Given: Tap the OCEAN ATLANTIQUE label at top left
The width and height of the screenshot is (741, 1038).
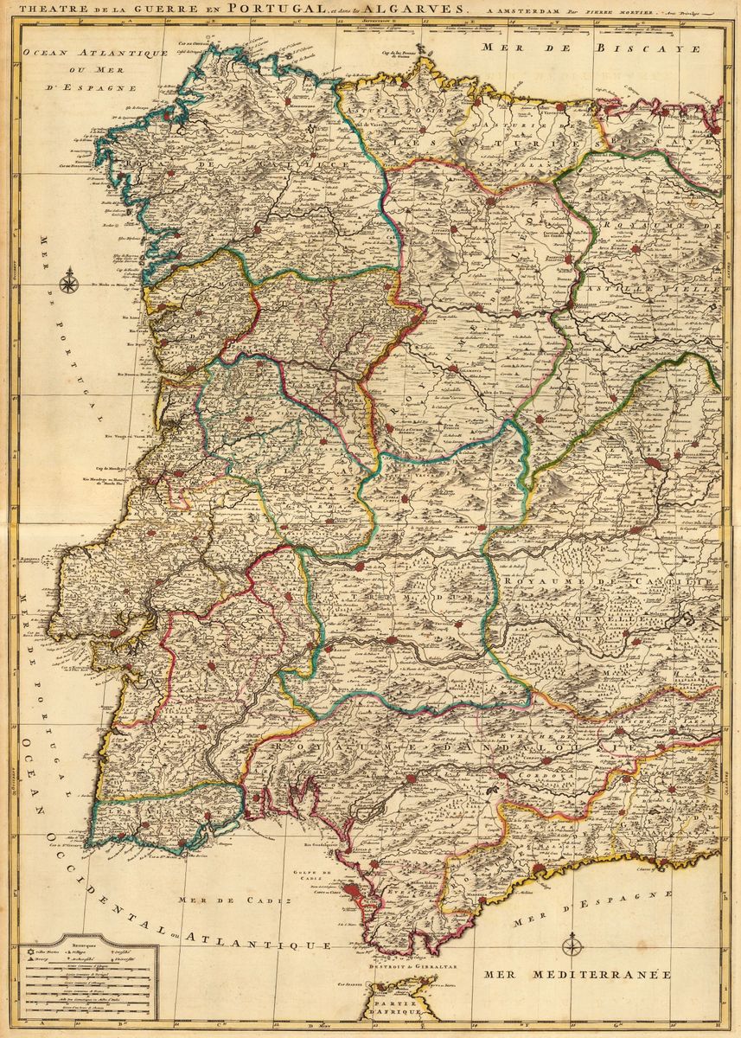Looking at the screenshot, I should (x=95, y=54).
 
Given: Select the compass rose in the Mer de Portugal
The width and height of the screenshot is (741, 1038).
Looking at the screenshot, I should (x=69, y=280).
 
